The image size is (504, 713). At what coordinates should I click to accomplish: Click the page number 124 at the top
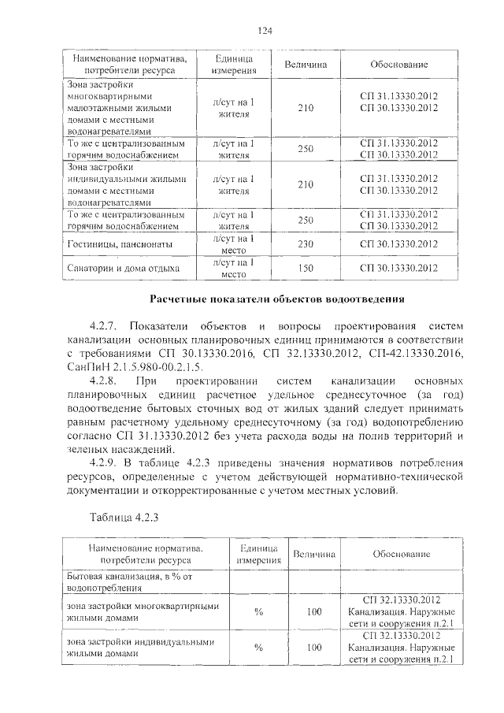pos(265,31)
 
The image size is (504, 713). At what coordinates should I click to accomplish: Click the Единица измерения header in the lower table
pos(258,554)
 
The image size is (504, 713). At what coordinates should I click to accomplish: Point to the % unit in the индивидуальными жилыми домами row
pos(258,647)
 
